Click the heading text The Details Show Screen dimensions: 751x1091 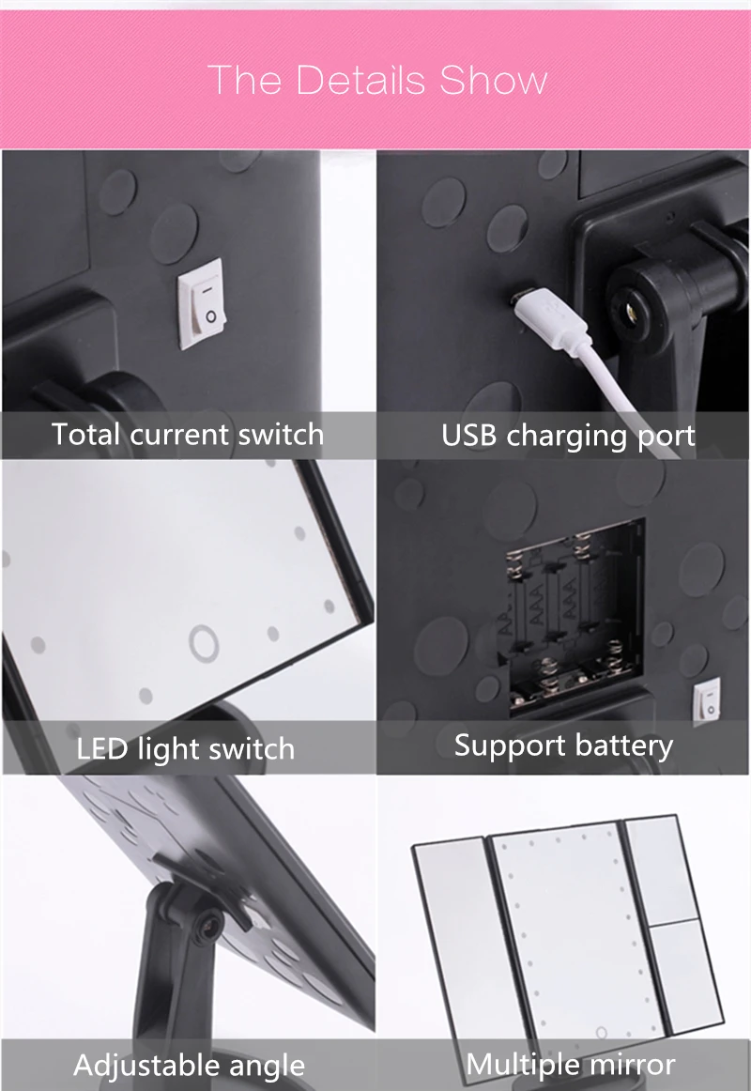click(376, 80)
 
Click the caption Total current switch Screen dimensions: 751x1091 click(188, 435)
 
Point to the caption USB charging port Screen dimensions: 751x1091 click(568, 436)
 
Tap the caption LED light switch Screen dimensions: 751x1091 click(186, 749)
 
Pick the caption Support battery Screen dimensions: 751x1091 click(563, 745)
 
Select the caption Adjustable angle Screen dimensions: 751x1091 click(189, 1066)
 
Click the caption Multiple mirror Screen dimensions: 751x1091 click(570, 1065)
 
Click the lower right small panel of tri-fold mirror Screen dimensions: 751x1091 click(688, 972)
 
